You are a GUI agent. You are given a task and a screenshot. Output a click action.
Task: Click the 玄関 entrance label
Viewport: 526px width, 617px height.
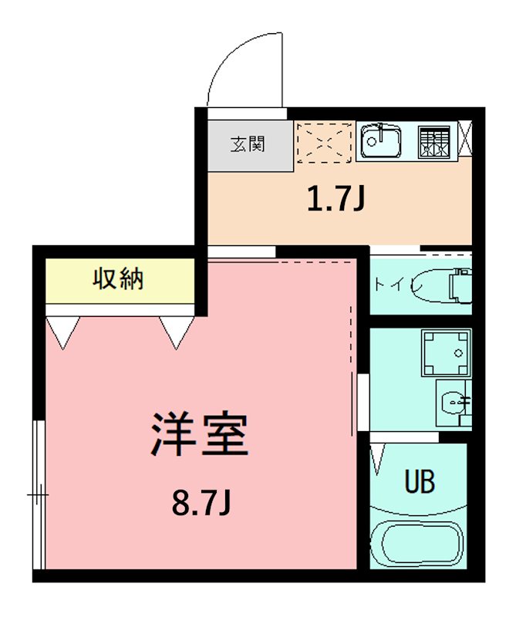(248, 144)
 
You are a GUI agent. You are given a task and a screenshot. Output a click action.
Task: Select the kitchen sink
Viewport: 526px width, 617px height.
(381, 141)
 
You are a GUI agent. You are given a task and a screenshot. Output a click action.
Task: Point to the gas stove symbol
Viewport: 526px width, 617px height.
(433, 142)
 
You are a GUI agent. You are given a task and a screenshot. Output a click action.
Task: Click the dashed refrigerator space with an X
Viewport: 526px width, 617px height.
(324, 142)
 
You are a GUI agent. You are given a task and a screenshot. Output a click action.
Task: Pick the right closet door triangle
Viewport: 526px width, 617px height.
(177, 332)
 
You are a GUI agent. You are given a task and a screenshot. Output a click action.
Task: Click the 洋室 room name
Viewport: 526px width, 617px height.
(199, 435)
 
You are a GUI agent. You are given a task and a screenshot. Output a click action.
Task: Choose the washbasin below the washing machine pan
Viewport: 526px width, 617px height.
(453, 402)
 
